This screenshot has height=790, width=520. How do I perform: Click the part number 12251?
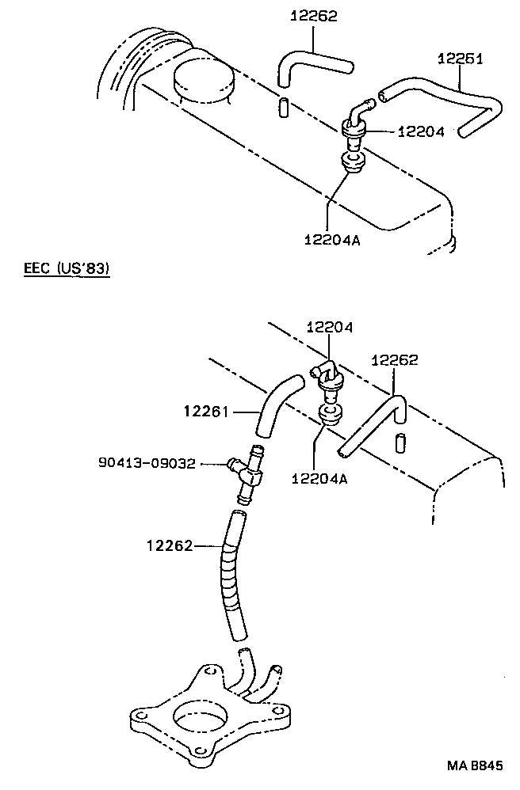pyautogui.click(x=460, y=59)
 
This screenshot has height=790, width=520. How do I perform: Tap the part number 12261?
pyautogui.click(x=206, y=411)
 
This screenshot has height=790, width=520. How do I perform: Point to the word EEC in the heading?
pyautogui.click(x=37, y=269)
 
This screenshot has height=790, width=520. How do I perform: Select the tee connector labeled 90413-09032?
pyautogui.click(x=248, y=473)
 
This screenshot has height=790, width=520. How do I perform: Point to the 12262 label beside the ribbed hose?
pyautogui.click(x=170, y=545)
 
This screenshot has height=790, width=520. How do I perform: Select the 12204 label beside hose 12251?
pyautogui.click(x=421, y=132)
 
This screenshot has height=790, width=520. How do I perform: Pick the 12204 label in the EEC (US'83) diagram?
pyautogui.click(x=330, y=326)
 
